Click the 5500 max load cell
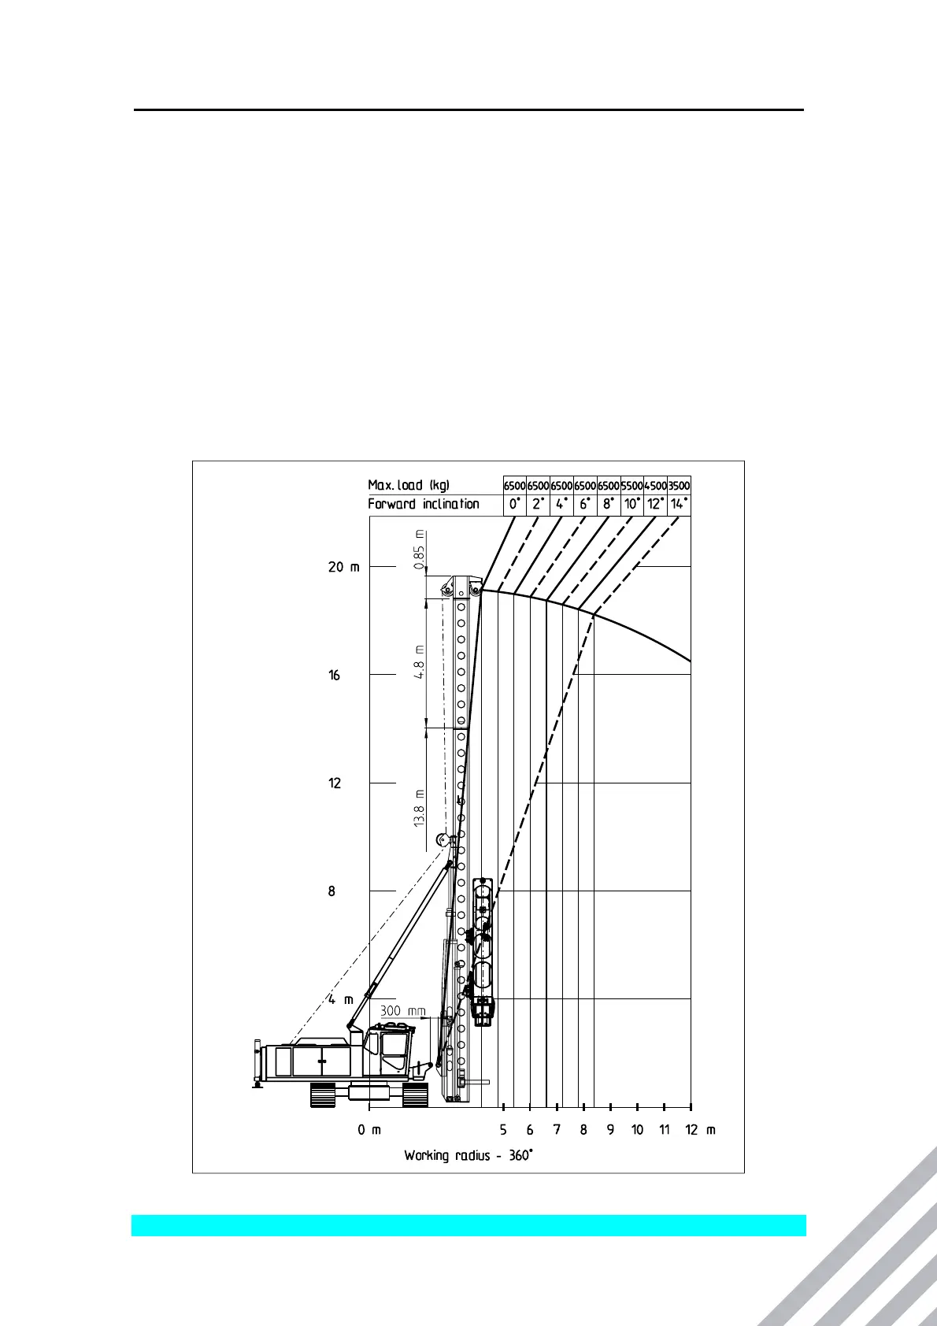point(632,486)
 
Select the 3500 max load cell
point(679,486)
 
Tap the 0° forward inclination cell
point(514,504)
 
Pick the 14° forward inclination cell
point(679,504)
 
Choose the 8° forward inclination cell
point(609,504)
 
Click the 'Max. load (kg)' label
point(408,485)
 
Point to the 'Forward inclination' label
point(424,504)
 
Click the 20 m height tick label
point(343,567)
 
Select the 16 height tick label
point(335,676)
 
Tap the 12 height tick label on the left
point(335,783)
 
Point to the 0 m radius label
point(369,1130)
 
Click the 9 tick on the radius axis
point(610,1130)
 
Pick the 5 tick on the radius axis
point(503,1130)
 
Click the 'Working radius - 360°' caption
point(468,1156)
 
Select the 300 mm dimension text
point(403,1011)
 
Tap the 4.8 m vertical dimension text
point(420,662)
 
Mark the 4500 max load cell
point(655,486)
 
